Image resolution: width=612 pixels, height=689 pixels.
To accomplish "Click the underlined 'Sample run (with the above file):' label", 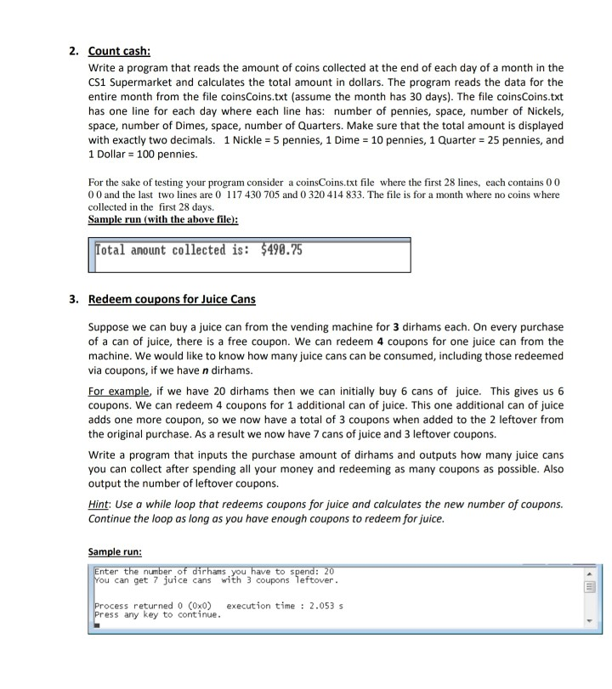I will (x=163, y=218).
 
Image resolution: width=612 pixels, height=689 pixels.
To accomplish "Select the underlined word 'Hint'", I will (x=99, y=504).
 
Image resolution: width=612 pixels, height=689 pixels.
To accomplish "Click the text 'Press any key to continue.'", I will (x=157, y=614).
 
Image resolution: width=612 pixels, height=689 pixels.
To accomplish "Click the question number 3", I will (x=73, y=299).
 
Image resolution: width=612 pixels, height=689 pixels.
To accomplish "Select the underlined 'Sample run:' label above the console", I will (x=116, y=550).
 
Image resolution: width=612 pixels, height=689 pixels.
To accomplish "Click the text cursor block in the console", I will (x=98, y=624).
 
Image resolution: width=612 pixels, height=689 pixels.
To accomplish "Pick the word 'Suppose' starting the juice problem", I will (x=109, y=327).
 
